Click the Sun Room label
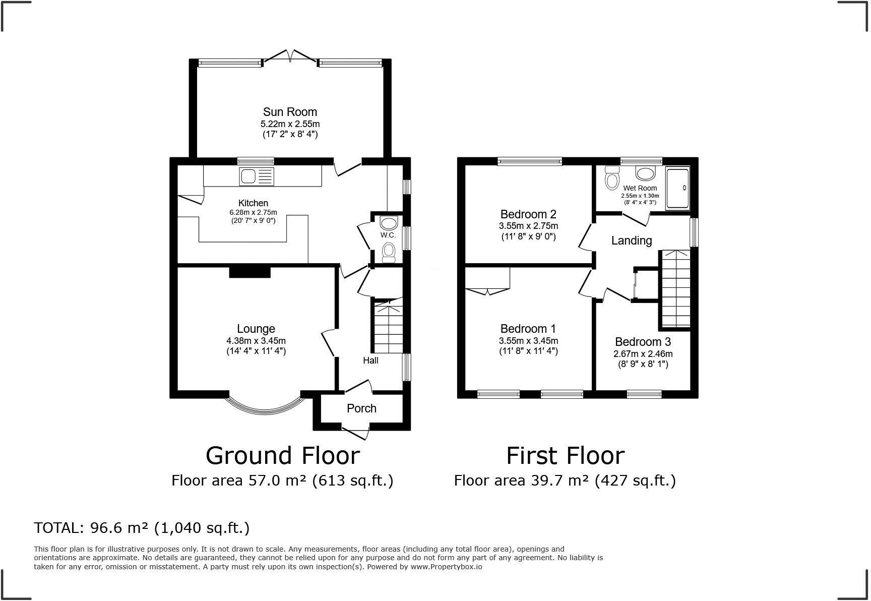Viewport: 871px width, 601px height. pos(290,112)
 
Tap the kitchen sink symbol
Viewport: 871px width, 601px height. pos(257,176)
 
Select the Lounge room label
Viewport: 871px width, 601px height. pos(256,329)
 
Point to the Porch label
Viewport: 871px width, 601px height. pos(361,408)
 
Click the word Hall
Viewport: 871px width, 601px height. pos(370,360)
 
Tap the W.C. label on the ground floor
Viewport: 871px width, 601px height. pos(388,235)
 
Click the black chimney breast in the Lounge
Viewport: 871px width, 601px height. pos(250,272)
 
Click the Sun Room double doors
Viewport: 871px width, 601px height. pos(290,55)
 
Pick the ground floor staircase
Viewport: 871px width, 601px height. pos(388,326)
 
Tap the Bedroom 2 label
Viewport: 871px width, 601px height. pos(528,214)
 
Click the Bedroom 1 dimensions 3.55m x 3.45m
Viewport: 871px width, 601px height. pos(528,341)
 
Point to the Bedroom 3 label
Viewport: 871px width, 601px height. pos(643,342)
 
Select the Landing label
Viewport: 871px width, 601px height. pos(632,241)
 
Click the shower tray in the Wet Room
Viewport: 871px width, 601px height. pos(677,189)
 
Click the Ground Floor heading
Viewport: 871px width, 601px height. pos(283,456)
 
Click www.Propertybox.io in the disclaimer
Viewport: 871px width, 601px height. pos(446,567)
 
